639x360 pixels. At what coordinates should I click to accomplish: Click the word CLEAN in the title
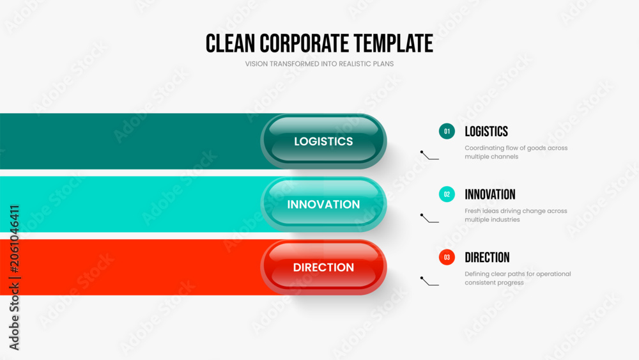230,43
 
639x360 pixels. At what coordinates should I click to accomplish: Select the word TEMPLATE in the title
393,43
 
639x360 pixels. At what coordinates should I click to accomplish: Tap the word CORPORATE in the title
304,43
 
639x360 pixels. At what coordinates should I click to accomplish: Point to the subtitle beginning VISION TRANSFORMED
319,64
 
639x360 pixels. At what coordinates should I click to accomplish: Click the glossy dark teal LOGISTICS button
323,141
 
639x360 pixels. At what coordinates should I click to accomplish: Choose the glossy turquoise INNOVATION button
323,204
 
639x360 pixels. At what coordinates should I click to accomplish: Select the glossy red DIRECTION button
323,267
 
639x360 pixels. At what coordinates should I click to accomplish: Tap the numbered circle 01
447,131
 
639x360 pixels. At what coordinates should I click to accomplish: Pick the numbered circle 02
447,194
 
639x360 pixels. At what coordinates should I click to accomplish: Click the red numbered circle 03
447,257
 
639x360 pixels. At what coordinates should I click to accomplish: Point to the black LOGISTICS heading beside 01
486,131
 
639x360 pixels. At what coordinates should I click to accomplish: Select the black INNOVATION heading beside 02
490,194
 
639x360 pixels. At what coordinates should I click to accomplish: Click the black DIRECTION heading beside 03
487,257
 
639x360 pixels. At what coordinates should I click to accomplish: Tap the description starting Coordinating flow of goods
516,152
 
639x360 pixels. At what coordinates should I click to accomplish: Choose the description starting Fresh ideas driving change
516,215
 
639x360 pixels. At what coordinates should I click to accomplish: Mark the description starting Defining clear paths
518,278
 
